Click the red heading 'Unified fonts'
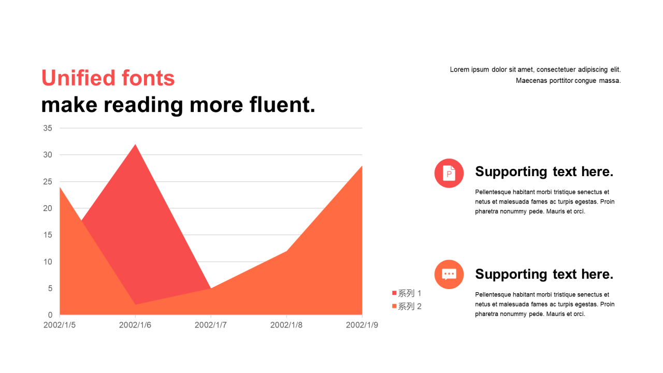coord(108,78)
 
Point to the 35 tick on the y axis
coord(48,128)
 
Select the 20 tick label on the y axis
coord(48,208)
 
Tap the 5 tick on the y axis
coord(50,289)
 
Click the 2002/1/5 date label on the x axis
coord(60,325)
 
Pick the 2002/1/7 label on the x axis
coord(211,325)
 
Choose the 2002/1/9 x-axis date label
coord(362,325)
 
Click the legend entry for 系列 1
coord(407,293)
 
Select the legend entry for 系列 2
coord(407,306)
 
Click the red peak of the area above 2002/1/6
coord(135,145)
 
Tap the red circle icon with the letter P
coord(449,173)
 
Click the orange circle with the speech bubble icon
coord(449,275)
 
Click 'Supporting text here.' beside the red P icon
coord(544,171)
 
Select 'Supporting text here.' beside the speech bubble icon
coord(544,274)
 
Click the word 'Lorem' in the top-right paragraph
coord(459,69)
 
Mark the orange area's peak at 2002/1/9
coord(362,166)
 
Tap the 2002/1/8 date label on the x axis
coord(286,325)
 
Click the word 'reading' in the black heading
coord(143,106)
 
